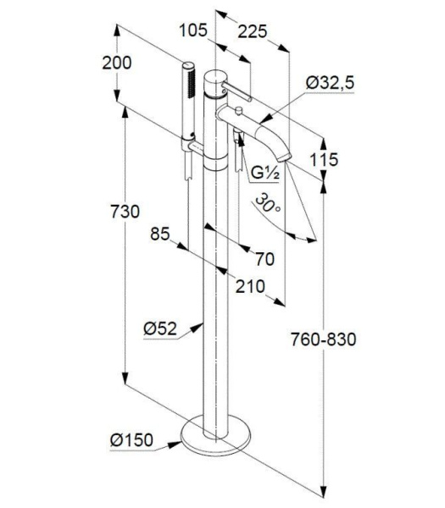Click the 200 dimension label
click(x=117, y=62)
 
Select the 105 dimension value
click(x=194, y=31)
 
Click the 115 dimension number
click(x=324, y=159)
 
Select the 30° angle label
click(x=267, y=204)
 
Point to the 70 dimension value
click(x=264, y=259)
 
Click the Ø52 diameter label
click(x=159, y=329)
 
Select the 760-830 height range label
click(x=323, y=340)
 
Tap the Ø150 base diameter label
click(x=132, y=439)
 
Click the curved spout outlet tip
click(x=285, y=158)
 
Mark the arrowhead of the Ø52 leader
click(x=204, y=323)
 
